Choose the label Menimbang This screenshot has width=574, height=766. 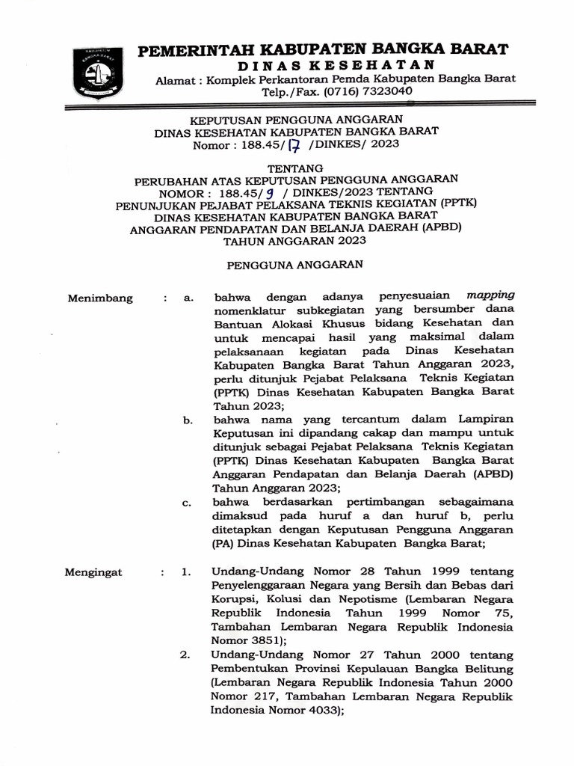pos(101,298)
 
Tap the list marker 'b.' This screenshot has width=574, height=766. pos(188,421)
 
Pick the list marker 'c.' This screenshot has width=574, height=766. pos(188,502)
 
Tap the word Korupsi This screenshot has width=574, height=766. pos(234,600)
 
